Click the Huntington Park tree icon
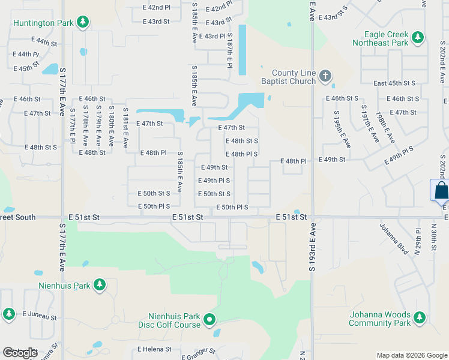coord(83,23)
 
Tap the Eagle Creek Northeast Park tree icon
coord(418,38)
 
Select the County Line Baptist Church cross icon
coord(325,76)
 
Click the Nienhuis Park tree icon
coord(99,285)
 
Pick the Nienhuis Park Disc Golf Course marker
coord(209,320)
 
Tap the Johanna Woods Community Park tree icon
coord(420,317)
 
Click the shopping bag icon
coord(441,190)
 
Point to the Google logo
coord(20,352)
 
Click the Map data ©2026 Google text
coord(411,355)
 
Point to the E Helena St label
coord(154,349)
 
